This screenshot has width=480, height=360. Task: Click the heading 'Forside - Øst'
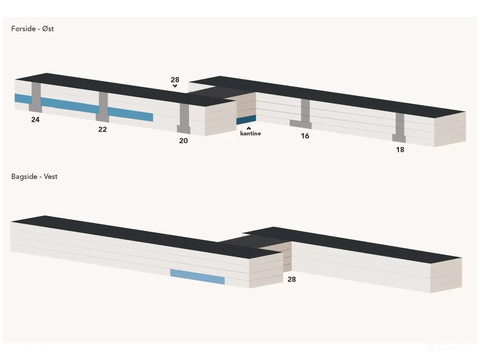(32, 28)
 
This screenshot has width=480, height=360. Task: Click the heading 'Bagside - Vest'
(34, 177)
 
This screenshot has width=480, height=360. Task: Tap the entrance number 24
(35, 120)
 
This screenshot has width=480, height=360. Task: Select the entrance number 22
(102, 129)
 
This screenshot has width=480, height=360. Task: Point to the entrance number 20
(183, 141)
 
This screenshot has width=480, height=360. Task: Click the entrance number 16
(305, 136)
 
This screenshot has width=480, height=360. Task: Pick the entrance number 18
(400, 150)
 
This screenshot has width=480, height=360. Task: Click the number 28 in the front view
(175, 79)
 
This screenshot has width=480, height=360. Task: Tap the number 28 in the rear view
(291, 279)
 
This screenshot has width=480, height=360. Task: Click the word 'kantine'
(250, 133)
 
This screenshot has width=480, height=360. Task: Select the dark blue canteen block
(246, 120)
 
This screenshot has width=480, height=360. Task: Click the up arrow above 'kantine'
(249, 128)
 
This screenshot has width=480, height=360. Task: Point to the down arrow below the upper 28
(175, 86)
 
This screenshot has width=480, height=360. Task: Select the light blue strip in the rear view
(197, 277)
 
